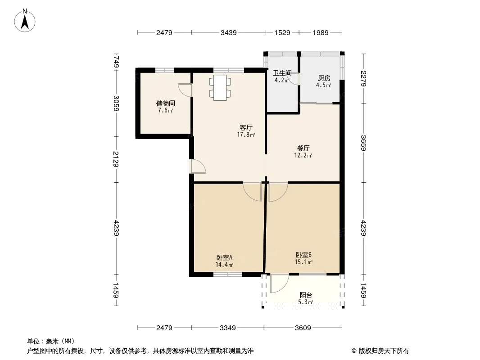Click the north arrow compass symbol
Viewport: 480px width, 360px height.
point(25,20)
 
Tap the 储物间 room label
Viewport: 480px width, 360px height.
point(166,103)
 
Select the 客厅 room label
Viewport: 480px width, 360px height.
point(246,127)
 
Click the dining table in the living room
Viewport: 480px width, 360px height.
point(220,87)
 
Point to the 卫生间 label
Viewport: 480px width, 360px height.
point(282,73)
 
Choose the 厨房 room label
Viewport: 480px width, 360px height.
point(324,78)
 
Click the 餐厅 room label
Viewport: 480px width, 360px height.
point(303,148)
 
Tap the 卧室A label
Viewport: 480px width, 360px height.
point(224,257)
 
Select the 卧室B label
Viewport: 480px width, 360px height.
point(303,255)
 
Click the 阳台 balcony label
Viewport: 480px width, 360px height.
point(306,295)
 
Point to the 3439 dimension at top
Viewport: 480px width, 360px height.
point(229,33)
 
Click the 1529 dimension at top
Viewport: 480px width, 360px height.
point(282,33)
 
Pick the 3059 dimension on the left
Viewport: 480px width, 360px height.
point(116,103)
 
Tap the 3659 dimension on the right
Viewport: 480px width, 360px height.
point(363,143)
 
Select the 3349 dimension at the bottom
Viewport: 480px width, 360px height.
point(228,328)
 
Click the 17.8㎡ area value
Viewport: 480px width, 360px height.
point(246,135)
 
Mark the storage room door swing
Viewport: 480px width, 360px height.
point(185,90)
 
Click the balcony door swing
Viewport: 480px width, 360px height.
point(280,283)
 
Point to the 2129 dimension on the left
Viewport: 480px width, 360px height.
point(116,159)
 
